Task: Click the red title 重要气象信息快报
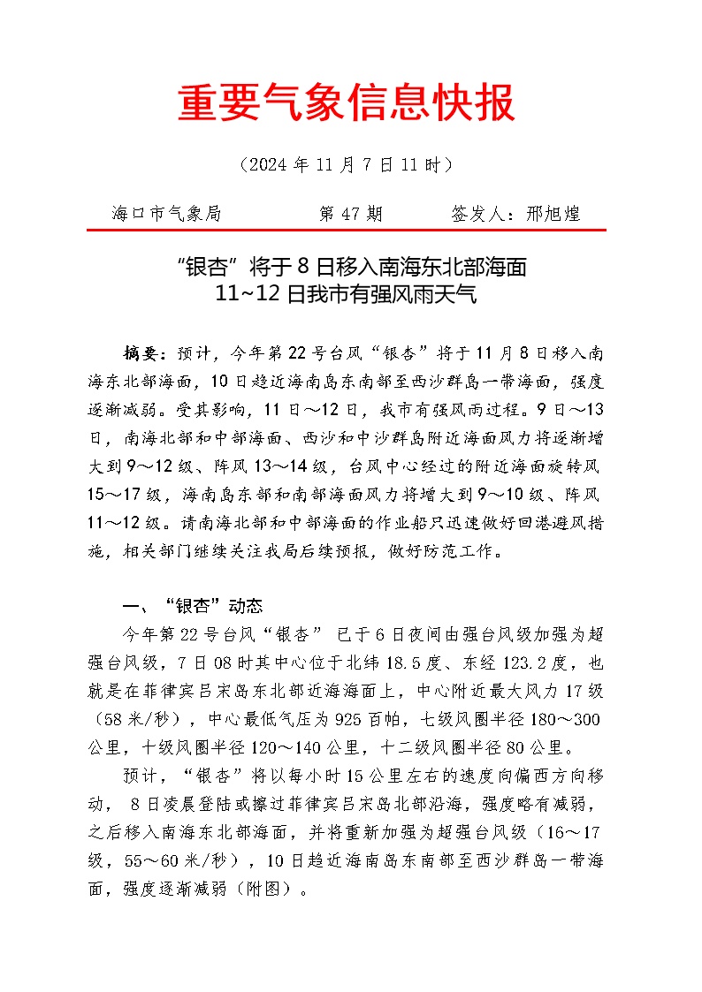click(x=347, y=105)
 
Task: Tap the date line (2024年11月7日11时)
click(x=347, y=164)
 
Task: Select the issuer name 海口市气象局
click(x=166, y=214)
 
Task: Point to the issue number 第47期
click(x=350, y=214)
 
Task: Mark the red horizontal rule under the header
click(x=347, y=230)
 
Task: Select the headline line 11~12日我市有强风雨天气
click(x=347, y=295)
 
